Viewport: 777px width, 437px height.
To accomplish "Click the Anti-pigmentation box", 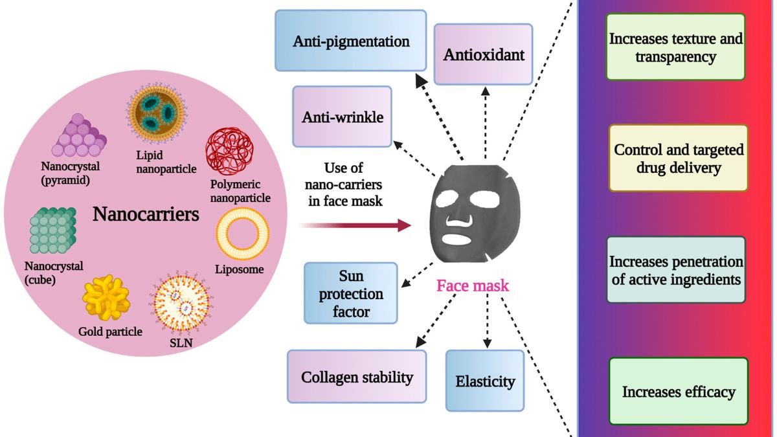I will click(x=351, y=41).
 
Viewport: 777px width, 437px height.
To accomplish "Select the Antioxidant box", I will click(x=483, y=54).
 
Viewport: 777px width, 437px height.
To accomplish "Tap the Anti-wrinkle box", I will click(x=343, y=117).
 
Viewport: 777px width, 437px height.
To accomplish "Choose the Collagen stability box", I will click(x=357, y=377).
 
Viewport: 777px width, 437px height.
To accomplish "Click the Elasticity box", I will click(x=484, y=381).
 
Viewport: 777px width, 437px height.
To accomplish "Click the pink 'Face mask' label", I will click(x=473, y=286).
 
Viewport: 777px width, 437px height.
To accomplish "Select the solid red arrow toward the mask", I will click(x=355, y=225).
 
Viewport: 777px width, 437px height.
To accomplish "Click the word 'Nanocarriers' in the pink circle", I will click(x=146, y=214).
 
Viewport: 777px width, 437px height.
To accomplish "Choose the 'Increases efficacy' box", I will click(x=678, y=391).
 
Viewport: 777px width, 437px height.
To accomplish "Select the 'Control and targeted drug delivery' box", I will click(x=678, y=159).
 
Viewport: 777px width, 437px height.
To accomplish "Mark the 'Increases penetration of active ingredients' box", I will click(x=677, y=271).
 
